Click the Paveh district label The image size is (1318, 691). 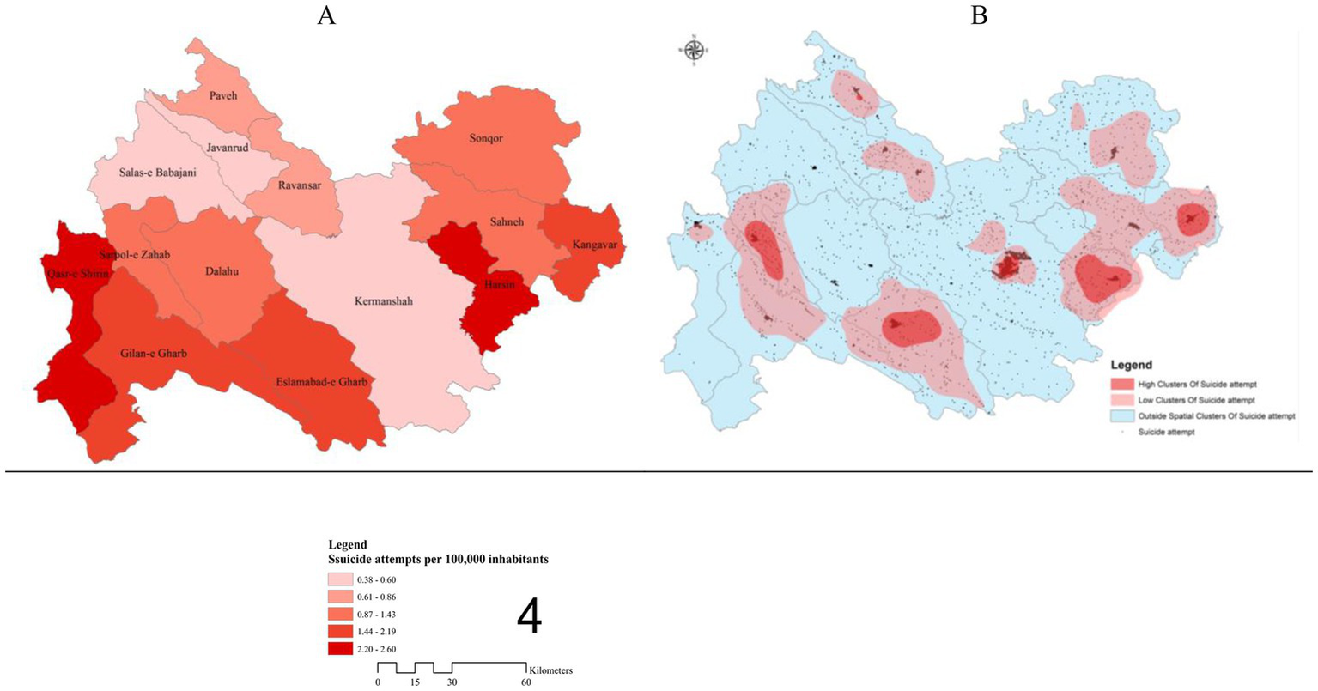pos(223,96)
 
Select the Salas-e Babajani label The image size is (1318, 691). pos(157,173)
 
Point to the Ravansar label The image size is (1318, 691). pos(300,185)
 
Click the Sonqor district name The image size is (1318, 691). pos(486,139)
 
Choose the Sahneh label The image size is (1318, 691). pos(506,221)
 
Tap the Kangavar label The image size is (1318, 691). pos(594,245)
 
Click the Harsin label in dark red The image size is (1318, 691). pos(498,284)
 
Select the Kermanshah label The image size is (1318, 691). pos(384,301)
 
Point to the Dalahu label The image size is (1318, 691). pos(222,272)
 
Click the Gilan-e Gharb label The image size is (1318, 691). pos(154,353)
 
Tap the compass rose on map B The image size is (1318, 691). pos(694,50)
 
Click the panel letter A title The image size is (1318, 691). pos(326,15)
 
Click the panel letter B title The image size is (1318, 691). pos(978,15)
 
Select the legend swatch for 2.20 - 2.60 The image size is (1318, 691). pos(340,649)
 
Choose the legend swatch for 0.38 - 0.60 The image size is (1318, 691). pos(340,579)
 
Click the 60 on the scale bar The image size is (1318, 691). pos(525,682)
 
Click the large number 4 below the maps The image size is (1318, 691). pos(529,617)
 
